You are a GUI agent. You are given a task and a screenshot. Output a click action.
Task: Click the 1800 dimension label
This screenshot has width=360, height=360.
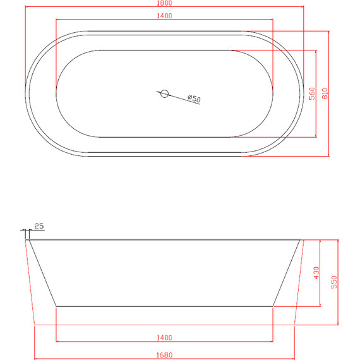pyautogui.click(x=164, y=3)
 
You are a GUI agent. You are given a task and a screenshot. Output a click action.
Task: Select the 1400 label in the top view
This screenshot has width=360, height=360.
pyautogui.click(x=164, y=16)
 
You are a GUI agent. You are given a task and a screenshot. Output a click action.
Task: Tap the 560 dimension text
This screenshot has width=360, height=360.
pyautogui.click(x=312, y=93)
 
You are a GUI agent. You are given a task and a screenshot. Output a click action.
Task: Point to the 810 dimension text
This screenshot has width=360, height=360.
pyautogui.click(x=325, y=93)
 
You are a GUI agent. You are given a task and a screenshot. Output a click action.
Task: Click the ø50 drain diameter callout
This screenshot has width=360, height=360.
pyautogui.click(x=194, y=99)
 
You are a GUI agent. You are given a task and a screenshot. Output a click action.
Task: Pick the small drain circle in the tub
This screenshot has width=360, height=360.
pyautogui.click(x=164, y=93)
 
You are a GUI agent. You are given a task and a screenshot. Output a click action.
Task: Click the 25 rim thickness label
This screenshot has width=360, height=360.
pyautogui.click(x=39, y=226)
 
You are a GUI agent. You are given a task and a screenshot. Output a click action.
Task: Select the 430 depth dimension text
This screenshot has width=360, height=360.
pyautogui.click(x=316, y=273)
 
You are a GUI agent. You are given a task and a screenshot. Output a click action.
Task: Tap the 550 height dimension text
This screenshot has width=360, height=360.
pyautogui.click(x=334, y=282)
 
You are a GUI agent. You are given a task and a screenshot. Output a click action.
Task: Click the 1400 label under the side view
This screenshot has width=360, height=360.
pyautogui.click(x=164, y=337)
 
